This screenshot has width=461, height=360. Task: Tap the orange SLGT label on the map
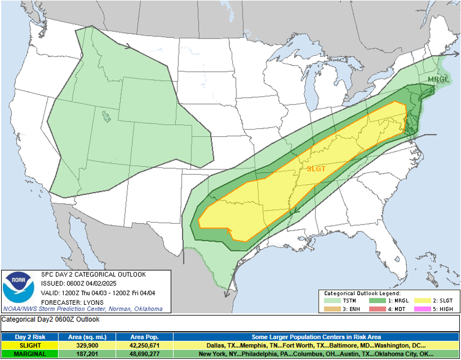(316, 169)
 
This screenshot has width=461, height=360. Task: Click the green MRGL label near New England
(438, 79)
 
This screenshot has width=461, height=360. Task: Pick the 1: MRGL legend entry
(390, 301)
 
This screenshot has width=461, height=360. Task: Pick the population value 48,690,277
(143, 354)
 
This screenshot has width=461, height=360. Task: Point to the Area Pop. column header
(143, 337)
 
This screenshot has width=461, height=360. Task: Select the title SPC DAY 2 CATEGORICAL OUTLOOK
(93, 274)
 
